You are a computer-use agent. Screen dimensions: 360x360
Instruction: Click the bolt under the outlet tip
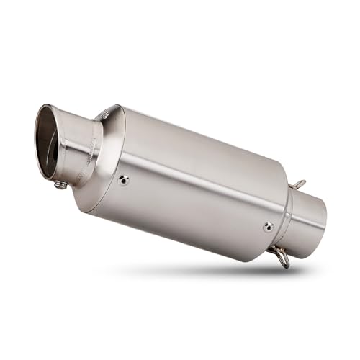(x=61, y=185)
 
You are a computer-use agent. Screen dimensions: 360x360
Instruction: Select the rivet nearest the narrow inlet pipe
(x=269, y=227)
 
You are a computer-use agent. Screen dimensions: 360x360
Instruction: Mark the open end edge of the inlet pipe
(x=323, y=216)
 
